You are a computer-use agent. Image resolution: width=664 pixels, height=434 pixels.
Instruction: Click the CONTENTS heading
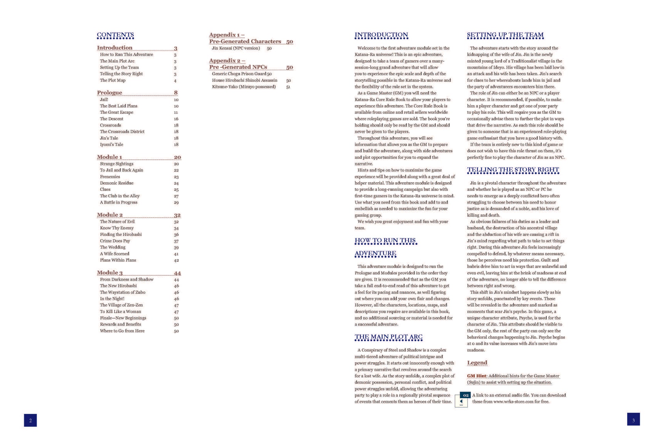pyautogui.click(x=115, y=35)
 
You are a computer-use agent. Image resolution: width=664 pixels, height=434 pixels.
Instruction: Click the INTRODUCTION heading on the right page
pyautogui.click(x=381, y=35)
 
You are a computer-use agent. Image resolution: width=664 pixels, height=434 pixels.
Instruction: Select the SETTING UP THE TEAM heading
pyautogui.click(x=505, y=35)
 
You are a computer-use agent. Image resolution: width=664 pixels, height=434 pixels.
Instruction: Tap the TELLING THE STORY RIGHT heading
pyautogui.click(x=513, y=170)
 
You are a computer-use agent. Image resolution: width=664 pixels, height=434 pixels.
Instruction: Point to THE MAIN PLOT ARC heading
pyautogui.click(x=388, y=337)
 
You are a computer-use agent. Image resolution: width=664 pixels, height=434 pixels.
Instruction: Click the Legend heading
pyautogui.click(x=477, y=363)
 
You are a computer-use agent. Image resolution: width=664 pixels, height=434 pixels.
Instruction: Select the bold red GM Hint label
pyautogui.click(x=477, y=376)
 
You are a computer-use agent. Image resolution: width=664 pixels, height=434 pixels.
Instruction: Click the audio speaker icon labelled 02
pyautogui.click(x=462, y=400)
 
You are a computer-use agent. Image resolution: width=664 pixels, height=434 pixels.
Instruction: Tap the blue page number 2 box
pyautogui.click(x=30, y=420)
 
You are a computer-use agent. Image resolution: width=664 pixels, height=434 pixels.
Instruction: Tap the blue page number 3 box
pyautogui.click(x=633, y=419)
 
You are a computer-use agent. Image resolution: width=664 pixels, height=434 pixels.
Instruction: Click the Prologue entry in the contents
pyautogui.click(x=110, y=93)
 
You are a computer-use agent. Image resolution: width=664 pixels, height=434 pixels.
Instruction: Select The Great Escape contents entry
pyautogui.click(x=116, y=112)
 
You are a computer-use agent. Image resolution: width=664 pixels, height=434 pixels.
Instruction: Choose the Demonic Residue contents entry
pyautogui.click(x=116, y=183)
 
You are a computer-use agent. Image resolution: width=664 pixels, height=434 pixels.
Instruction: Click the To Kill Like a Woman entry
pyautogui.click(x=120, y=311)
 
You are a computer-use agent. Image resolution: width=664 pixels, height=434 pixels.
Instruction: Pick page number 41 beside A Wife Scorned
pyautogui.click(x=176, y=254)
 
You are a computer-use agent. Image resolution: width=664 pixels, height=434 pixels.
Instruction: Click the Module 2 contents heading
pyautogui.click(x=110, y=215)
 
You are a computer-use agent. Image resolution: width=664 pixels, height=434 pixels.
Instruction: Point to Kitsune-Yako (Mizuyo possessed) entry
pyautogui.click(x=244, y=87)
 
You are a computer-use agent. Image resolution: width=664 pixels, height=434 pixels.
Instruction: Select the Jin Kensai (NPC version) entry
pyautogui.click(x=236, y=48)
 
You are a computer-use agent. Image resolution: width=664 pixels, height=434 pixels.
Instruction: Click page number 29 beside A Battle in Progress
pyautogui.click(x=176, y=202)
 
